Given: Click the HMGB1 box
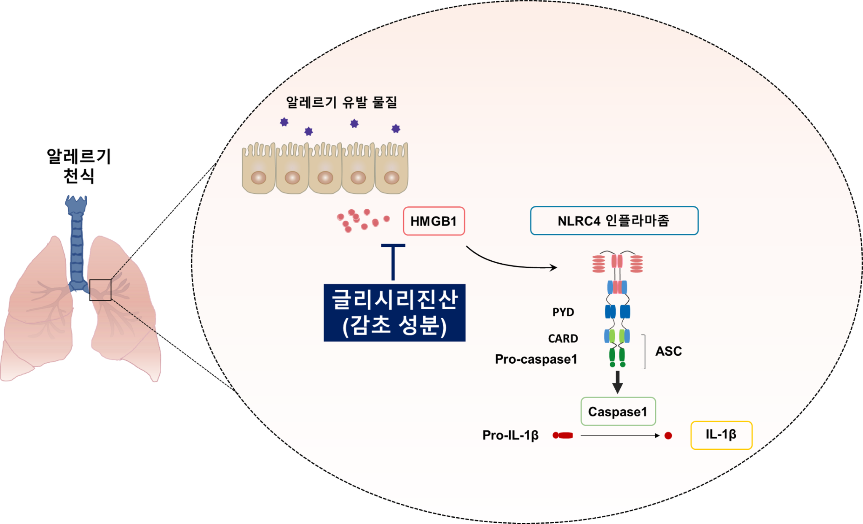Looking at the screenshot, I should pyautogui.click(x=434, y=221).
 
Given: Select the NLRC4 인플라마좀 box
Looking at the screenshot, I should pyautogui.click(x=614, y=221).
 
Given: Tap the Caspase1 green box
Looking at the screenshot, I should pyautogui.click(x=618, y=411).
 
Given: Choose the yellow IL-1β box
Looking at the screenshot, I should pyautogui.click(x=721, y=435).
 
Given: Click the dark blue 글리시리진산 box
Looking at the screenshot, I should pyautogui.click(x=394, y=313).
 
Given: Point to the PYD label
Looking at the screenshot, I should pyautogui.click(x=563, y=312).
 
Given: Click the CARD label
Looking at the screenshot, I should pyautogui.click(x=563, y=338).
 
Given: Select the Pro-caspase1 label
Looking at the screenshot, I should pyautogui.click(x=536, y=359).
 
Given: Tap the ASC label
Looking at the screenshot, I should pyautogui.click(x=668, y=351).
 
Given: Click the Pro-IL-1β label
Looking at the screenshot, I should pyautogui.click(x=510, y=435).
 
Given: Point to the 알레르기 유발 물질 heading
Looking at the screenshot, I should pyautogui.click(x=341, y=102).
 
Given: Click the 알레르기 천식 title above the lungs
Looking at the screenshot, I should pyautogui.click(x=79, y=166).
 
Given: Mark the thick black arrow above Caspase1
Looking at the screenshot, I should pyautogui.click(x=617, y=382).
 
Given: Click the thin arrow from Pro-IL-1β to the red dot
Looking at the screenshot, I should pyautogui.click(x=619, y=435).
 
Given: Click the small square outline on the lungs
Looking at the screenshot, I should pyautogui.click(x=100, y=290).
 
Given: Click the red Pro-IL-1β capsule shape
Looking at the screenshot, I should pyautogui.click(x=563, y=435).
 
